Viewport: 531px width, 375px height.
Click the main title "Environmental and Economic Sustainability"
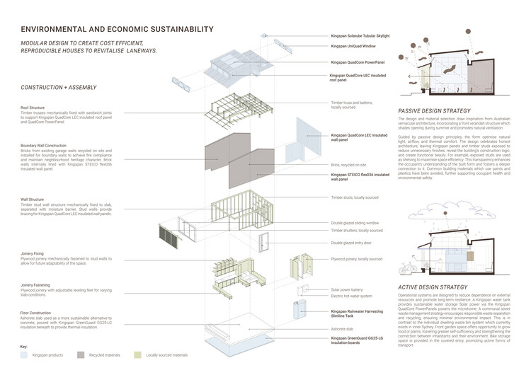point(117,30)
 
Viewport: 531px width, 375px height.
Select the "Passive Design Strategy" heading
point(433,112)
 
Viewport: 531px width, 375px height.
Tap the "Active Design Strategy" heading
point(430,287)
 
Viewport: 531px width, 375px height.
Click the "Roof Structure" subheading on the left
point(35,108)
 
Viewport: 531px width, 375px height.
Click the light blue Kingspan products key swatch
point(25,355)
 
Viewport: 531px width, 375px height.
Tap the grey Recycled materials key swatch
point(82,355)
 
